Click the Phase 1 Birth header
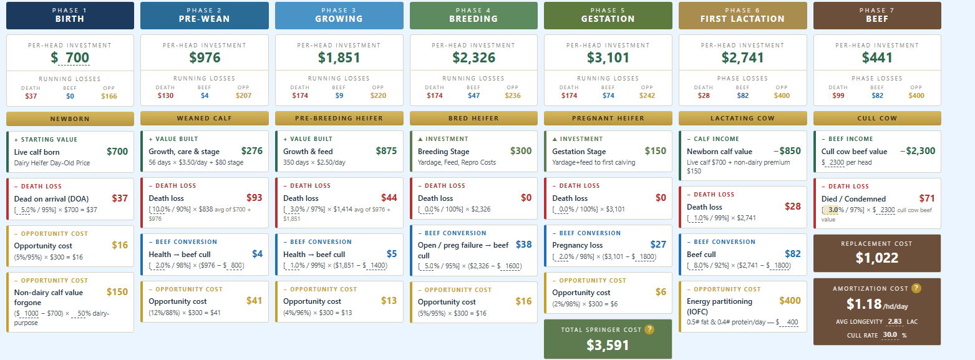(70, 16)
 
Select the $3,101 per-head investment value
(608, 57)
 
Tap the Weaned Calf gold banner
(204, 119)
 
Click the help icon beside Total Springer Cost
(649, 329)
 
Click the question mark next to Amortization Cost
(916, 288)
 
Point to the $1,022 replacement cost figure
(876, 258)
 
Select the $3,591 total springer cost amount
(608, 345)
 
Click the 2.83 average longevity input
(895, 322)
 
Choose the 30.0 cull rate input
(890, 335)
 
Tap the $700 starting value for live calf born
(117, 152)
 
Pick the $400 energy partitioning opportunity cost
(790, 300)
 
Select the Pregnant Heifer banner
(608, 119)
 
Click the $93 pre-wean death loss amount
(254, 198)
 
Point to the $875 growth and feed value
(387, 150)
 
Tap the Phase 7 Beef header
(877, 16)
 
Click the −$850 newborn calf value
(787, 150)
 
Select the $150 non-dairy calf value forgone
(117, 291)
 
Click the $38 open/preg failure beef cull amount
(523, 245)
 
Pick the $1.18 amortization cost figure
(863, 304)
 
